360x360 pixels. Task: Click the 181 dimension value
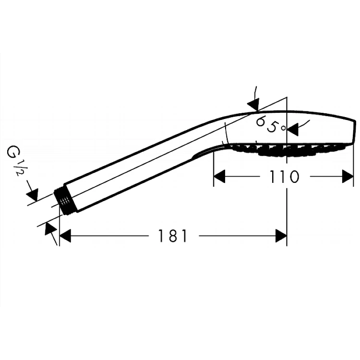click(173, 236)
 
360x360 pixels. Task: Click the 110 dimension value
click(284, 177)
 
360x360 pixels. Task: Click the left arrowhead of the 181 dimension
click(65, 236)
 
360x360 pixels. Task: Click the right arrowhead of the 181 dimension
click(281, 236)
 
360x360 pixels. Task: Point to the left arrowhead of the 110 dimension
click(219, 177)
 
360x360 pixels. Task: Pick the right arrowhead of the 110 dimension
click(348, 177)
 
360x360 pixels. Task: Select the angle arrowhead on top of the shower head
click(254, 105)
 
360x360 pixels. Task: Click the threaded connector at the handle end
click(62, 201)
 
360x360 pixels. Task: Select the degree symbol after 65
click(284, 128)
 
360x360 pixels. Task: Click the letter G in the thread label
click(12, 152)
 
